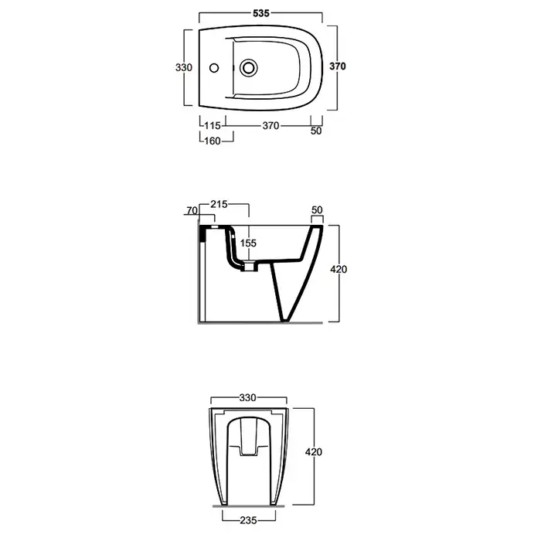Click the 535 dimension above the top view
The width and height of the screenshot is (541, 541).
(x=261, y=13)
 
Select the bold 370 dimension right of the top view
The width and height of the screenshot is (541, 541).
(x=338, y=66)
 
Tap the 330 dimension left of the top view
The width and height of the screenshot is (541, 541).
(x=184, y=67)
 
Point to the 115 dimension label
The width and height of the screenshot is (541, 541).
(x=213, y=125)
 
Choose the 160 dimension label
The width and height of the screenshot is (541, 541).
(x=213, y=141)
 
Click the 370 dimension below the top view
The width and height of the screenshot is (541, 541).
(x=270, y=125)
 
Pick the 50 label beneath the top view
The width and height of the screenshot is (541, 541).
(x=316, y=131)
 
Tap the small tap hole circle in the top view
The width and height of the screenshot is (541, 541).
(x=214, y=68)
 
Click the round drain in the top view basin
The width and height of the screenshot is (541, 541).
(x=248, y=68)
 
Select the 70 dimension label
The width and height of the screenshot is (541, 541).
(x=192, y=210)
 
